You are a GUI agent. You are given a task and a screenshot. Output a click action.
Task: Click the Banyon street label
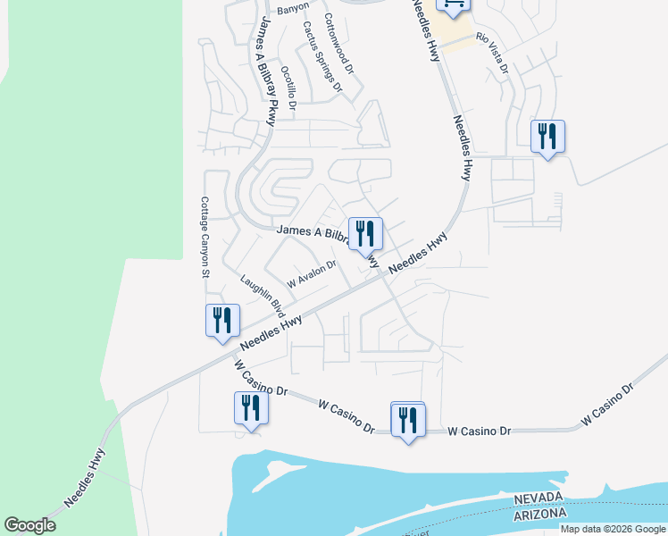click(292, 10)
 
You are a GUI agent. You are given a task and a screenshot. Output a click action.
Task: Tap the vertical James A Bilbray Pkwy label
click(270, 67)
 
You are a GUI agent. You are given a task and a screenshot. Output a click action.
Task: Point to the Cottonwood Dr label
click(340, 43)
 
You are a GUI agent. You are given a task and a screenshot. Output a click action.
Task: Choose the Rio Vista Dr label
click(492, 54)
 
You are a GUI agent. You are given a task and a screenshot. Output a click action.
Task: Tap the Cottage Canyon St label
click(204, 238)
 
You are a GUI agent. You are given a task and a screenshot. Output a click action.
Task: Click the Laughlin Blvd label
click(262, 297)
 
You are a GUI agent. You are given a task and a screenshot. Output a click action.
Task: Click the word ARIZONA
click(539, 515)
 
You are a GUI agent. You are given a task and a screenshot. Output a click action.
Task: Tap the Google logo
click(29, 525)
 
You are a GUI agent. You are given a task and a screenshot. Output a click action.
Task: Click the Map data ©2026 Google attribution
click(613, 529)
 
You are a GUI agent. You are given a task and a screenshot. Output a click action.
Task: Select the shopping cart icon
click(453, 5)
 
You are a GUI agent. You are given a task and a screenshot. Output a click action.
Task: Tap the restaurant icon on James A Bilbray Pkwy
click(364, 234)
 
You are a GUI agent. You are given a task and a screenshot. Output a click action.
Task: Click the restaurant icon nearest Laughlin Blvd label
click(221, 320)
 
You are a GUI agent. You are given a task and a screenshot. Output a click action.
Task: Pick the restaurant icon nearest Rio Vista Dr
click(547, 137)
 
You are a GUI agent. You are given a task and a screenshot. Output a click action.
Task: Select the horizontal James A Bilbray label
click(311, 231)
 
